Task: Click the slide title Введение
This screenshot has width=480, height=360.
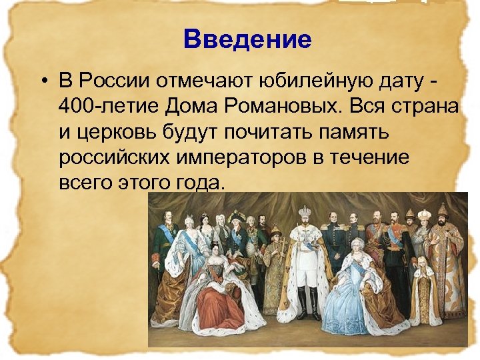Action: click(x=248, y=40)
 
